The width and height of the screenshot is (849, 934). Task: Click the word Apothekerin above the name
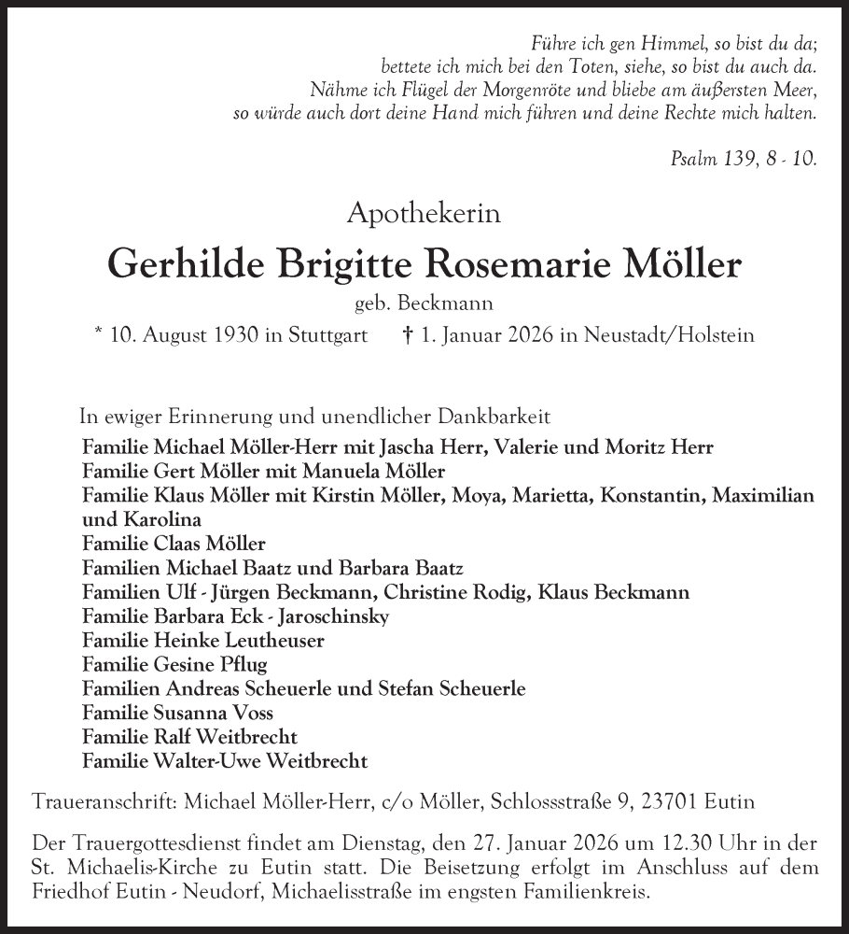pos(424,213)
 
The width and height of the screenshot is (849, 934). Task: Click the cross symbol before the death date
pos(407,333)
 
